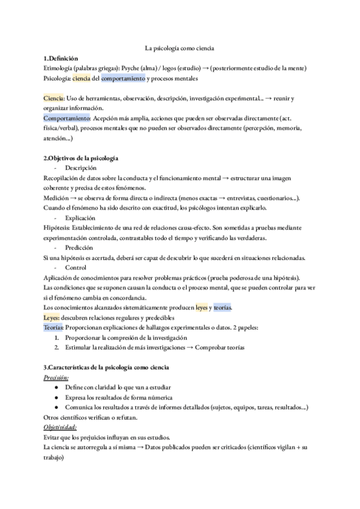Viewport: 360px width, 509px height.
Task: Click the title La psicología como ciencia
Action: [x=180, y=48]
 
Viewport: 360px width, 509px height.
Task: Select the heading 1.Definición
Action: [x=61, y=58]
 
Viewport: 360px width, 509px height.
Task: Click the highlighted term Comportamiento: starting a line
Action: [x=67, y=118]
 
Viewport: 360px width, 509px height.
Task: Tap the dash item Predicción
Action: [x=79, y=247]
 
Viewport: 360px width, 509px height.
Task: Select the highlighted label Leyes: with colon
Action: [x=52, y=318]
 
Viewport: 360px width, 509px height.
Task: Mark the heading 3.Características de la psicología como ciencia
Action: [x=106, y=367]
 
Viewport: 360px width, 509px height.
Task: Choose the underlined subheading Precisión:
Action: [x=56, y=378]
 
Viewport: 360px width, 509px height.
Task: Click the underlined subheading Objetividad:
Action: [x=60, y=427]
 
